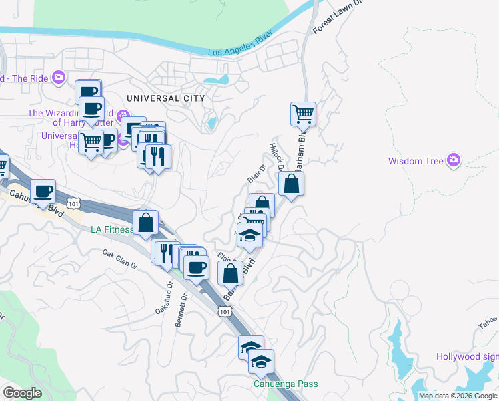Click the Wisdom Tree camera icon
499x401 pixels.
[454, 160]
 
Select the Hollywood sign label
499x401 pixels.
[466, 357]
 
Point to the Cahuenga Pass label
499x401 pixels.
[285, 384]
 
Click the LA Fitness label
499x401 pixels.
[112, 230]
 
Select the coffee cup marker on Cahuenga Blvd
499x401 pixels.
[43, 191]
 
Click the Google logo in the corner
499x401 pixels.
[22, 393]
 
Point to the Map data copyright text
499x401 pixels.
[458, 396]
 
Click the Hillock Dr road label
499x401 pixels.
[276, 156]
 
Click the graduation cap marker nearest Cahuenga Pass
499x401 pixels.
[262, 361]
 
